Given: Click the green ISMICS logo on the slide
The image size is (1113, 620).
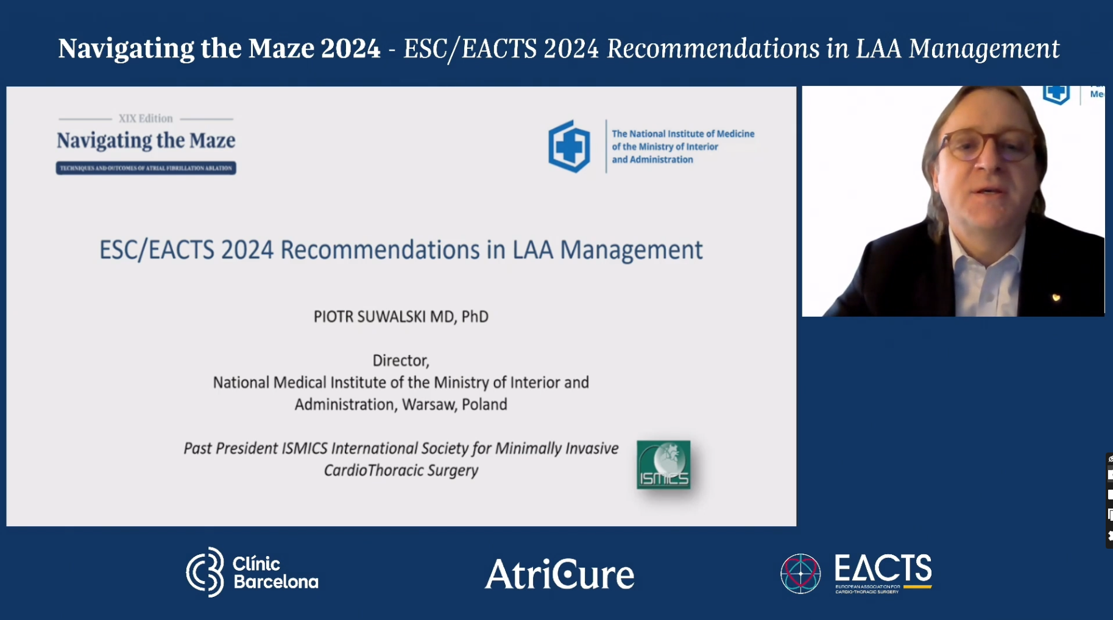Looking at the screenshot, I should click(x=663, y=465).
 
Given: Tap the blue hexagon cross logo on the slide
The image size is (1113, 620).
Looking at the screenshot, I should click(x=569, y=146).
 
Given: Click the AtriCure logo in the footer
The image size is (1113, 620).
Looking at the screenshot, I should click(x=559, y=574).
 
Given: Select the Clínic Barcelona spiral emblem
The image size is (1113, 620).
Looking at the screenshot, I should click(x=205, y=572).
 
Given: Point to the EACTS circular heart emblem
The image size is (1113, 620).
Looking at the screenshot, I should click(x=800, y=574).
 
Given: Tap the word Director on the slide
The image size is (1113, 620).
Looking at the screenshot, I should click(x=400, y=361).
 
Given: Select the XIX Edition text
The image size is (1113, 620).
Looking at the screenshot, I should click(x=146, y=118).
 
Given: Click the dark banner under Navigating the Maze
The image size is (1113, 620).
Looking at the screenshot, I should click(x=146, y=168).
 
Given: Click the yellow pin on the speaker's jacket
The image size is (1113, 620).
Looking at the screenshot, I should click(x=1056, y=297).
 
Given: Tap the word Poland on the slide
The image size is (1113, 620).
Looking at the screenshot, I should click(x=484, y=404).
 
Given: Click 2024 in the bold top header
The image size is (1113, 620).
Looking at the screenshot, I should click(x=350, y=49).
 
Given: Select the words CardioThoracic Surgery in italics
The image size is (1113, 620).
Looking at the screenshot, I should click(x=401, y=470).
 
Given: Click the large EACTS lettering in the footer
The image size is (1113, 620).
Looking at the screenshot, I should click(x=883, y=568).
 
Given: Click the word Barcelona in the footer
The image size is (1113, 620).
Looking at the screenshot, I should click(x=276, y=582).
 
